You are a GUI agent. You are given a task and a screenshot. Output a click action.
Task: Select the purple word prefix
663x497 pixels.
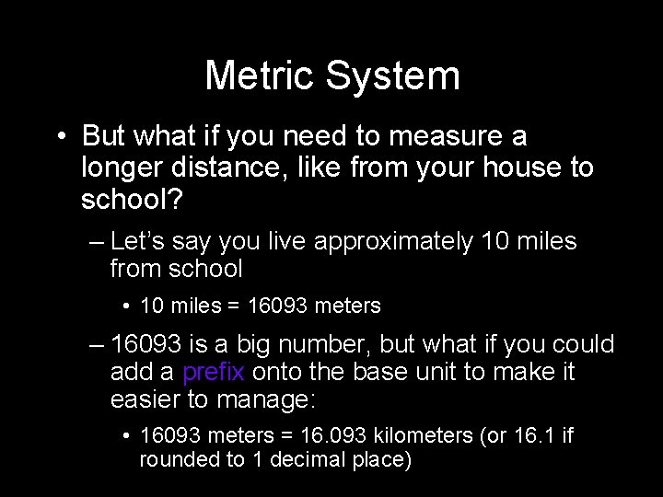[214, 373]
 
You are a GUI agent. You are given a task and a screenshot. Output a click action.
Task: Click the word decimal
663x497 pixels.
[315, 460]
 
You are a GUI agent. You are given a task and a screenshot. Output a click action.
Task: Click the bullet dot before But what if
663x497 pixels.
[60, 137]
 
